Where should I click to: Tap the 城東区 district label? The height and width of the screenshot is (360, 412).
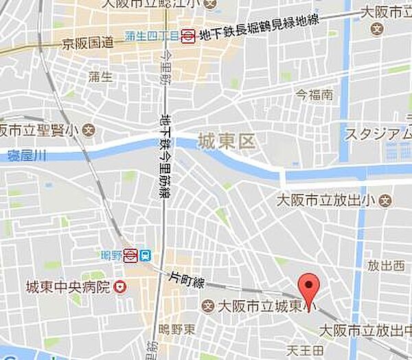[x=225, y=143]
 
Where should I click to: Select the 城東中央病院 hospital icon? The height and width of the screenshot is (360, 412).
[x=120, y=286]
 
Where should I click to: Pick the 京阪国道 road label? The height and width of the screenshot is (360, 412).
[x=87, y=43]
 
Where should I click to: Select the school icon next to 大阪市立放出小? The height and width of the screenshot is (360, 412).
[x=387, y=201]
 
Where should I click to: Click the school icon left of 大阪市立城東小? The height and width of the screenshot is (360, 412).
[x=208, y=305]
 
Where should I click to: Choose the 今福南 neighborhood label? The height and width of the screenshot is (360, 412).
[x=314, y=94]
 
